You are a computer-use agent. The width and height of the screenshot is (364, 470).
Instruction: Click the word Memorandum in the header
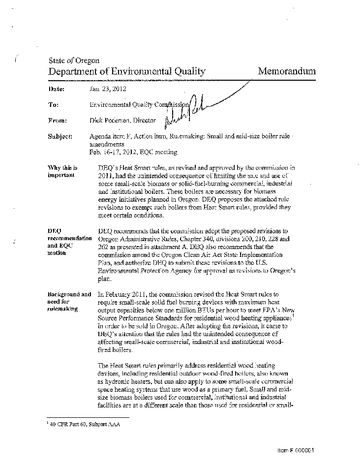pos(287,71)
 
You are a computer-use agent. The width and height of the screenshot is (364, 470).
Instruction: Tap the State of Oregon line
pos(74,61)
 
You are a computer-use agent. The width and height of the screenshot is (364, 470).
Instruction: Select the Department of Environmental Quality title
pos(126,71)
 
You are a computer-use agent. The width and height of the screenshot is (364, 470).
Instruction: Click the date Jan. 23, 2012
pos(108,89)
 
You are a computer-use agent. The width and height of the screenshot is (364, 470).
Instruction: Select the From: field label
pos(57,120)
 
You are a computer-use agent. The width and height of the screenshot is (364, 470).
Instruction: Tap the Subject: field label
pos(60,136)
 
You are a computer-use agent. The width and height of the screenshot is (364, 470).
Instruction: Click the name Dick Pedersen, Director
pos(122,120)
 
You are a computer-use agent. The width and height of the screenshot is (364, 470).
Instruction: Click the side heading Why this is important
pos(62,171)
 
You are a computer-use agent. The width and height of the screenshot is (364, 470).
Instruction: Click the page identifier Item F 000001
pos(295,450)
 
